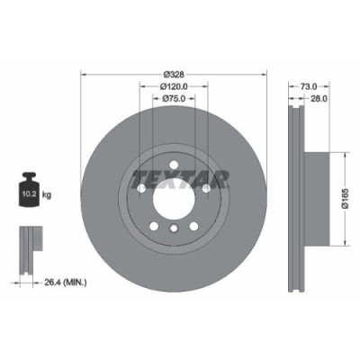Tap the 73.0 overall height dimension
pyautogui.click(x=309, y=86)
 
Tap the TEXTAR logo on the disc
pyautogui.click(x=180, y=177)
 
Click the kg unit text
pyautogui.click(x=46, y=193)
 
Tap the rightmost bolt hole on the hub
pyautogui.click(x=207, y=188)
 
